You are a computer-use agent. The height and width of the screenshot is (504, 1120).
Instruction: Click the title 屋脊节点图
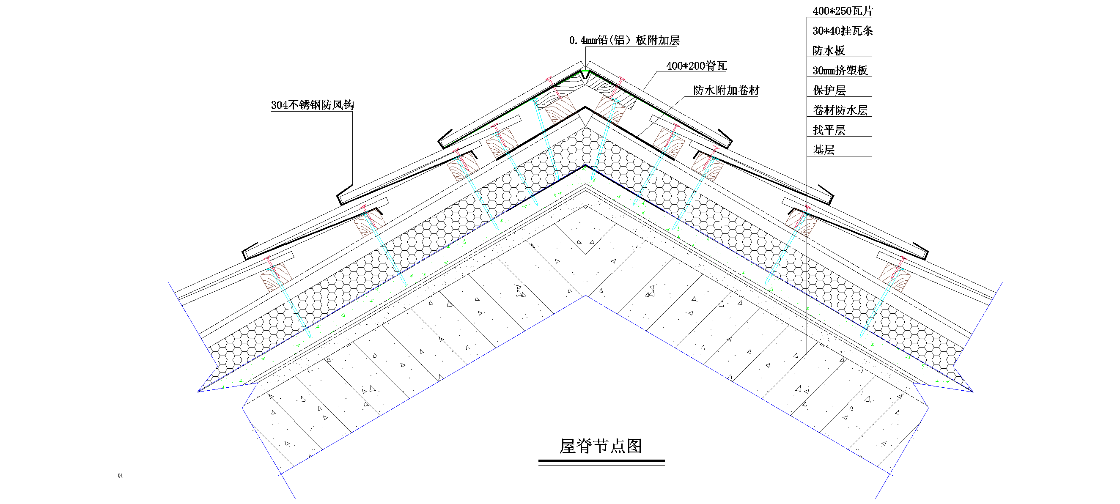tap(601, 446)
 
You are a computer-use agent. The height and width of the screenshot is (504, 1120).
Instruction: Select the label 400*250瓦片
tap(842, 11)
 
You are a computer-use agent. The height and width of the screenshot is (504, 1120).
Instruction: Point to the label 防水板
tap(828, 51)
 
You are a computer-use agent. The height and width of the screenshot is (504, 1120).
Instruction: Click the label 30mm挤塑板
tap(840, 71)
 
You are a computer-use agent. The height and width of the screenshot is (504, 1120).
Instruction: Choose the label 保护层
tap(829, 90)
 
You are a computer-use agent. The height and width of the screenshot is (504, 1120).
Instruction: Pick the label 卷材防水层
tap(840, 110)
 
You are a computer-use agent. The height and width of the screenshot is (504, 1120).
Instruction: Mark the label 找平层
tap(829, 130)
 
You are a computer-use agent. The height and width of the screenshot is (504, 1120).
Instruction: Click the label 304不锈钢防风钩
tap(312, 105)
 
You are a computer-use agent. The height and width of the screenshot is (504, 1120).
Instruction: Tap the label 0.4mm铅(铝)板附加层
tap(624, 41)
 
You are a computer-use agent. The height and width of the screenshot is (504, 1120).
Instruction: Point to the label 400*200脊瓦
tap(696, 66)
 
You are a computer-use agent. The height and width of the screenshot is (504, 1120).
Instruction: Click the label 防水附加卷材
tap(726, 90)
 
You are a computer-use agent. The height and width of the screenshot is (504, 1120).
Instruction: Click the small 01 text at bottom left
tap(121, 476)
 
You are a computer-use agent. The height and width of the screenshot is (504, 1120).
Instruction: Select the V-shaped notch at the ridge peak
tap(585, 75)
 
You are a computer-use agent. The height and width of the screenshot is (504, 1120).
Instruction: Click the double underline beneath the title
tap(601, 462)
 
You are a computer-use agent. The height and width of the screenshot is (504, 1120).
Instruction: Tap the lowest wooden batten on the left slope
tap(275, 277)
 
